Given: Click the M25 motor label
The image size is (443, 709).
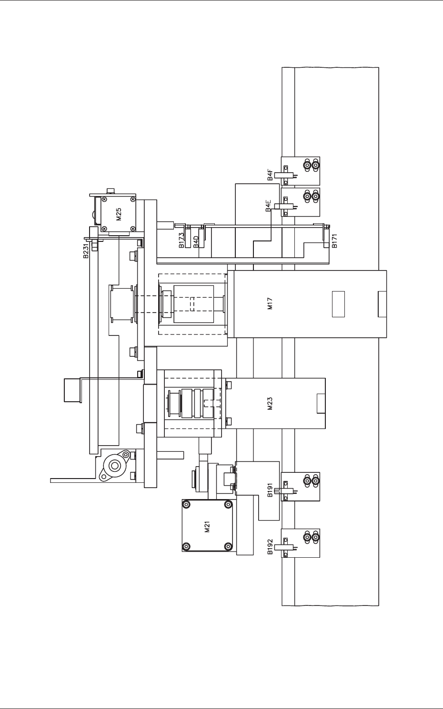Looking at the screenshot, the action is point(119,214).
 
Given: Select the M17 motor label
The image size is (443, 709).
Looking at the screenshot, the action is point(270,303).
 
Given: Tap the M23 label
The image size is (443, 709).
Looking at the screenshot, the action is point(270,404).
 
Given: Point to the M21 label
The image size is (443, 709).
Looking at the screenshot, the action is point(207,526).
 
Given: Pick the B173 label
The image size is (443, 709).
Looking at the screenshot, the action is point(181,240).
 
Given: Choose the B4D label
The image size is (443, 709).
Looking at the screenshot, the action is point(196,242).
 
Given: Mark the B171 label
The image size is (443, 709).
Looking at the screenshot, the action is point(334,240).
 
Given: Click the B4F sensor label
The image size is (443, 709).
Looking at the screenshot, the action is point(270,175).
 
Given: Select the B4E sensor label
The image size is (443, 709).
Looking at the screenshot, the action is point(269,206).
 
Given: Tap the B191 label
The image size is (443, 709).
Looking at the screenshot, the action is point(270,490).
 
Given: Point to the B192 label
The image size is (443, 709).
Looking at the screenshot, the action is point(270,547).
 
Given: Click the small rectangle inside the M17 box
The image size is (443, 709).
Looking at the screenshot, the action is point(338,304).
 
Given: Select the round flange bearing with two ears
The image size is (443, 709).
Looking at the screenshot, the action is point(114,466).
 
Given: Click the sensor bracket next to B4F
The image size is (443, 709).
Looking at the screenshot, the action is point(301,171).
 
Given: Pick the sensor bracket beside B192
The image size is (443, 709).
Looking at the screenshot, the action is point(301,543).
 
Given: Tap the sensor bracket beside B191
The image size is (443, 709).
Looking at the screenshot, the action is point(301,487).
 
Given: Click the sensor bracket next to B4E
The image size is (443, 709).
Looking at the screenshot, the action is point(301,202).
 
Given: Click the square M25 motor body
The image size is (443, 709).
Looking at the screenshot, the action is point(119,214).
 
